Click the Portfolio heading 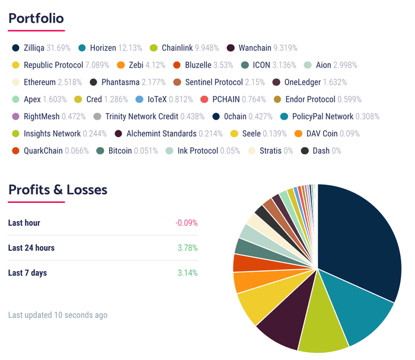pyautogui.click(x=36, y=18)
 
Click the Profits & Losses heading pyautogui.click(x=58, y=190)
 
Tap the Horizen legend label pyautogui.click(x=103, y=47)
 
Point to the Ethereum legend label pyautogui.click(x=40, y=82)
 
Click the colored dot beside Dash pyautogui.click(x=305, y=151)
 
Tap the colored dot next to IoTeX pyautogui.click(x=139, y=99)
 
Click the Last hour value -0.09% pyautogui.click(x=186, y=223)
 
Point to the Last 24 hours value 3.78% pyautogui.click(x=187, y=248)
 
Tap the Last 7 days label pyautogui.click(x=27, y=273)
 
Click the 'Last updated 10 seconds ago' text pyautogui.click(x=58, y=315)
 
